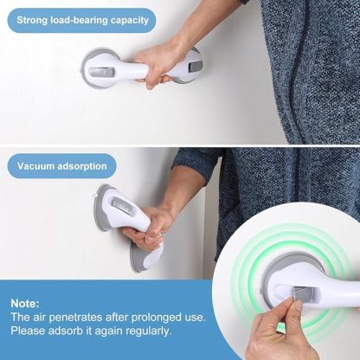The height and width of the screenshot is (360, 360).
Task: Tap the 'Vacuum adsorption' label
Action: pos(61,164)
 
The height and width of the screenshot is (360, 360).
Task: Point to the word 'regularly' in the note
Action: pos(149,331)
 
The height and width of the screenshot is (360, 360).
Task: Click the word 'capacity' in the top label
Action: pos(127,19)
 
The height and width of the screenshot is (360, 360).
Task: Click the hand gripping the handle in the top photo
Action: pos(160,62)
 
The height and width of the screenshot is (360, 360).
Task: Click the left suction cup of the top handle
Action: pos(98,67)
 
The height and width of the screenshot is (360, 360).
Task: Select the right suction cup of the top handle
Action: pos(188,65)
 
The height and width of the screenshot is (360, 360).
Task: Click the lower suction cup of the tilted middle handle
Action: pos(145,256)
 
